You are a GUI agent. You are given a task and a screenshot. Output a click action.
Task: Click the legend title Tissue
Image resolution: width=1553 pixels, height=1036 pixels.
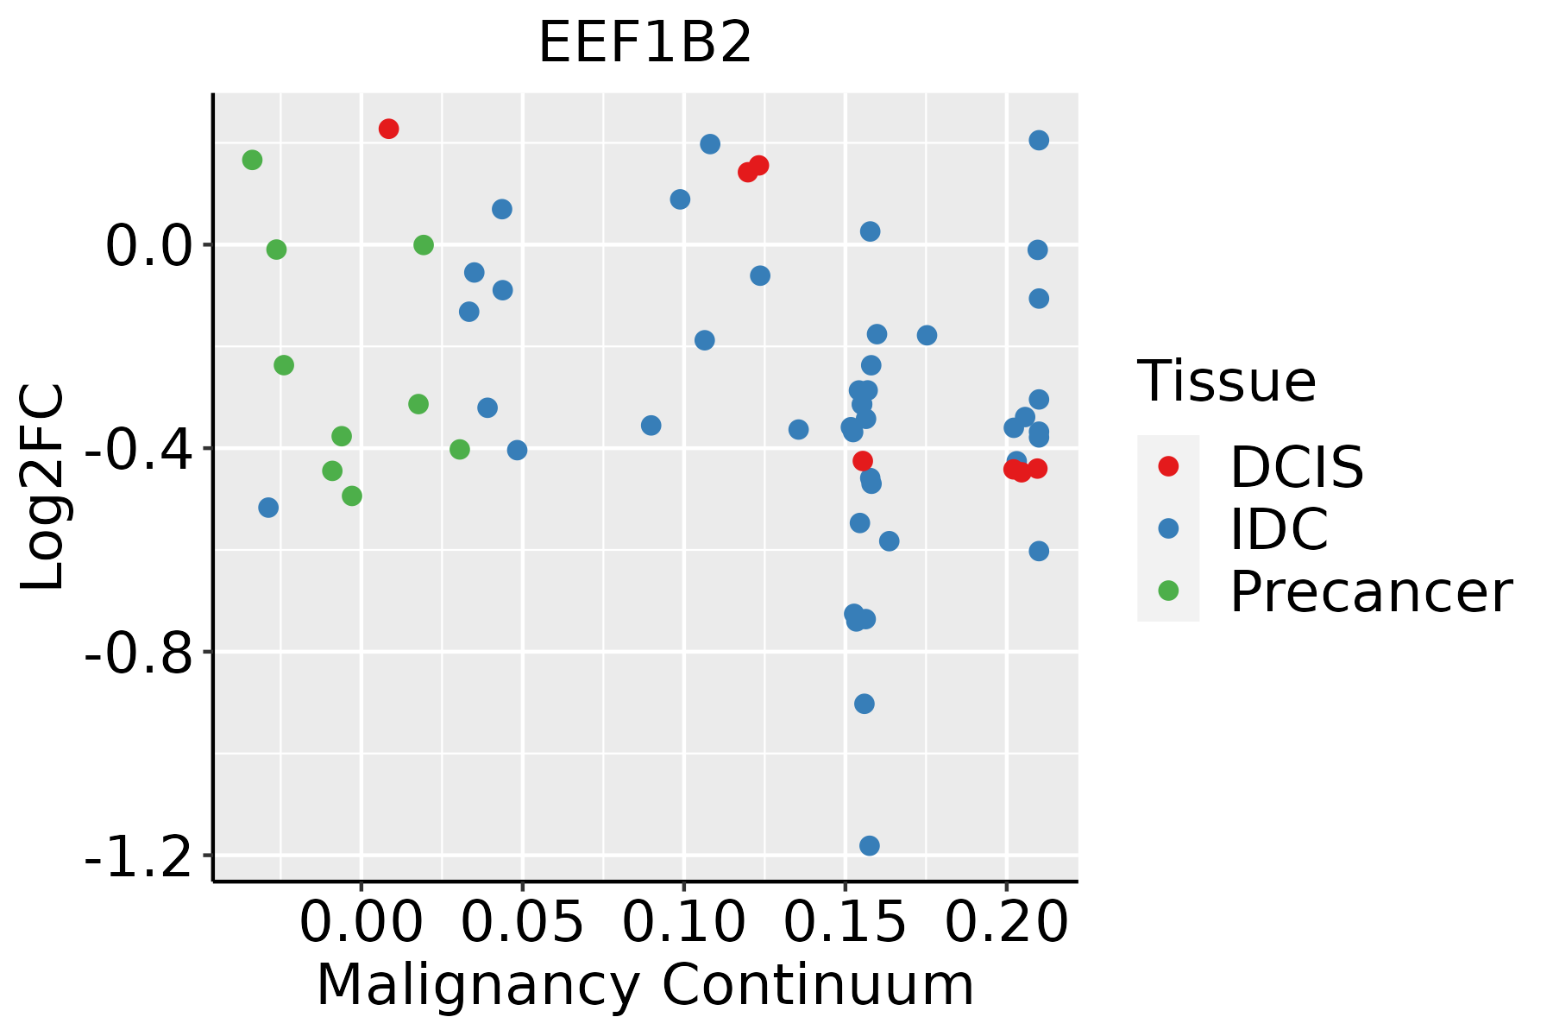[1227, 382]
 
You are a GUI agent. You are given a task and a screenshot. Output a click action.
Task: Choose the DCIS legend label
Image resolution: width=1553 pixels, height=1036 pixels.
[1296, 468]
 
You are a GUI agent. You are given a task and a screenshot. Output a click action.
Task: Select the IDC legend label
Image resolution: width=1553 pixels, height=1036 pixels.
[1279, 529]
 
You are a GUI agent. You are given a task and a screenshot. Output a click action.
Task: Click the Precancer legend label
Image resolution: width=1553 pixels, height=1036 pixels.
[1370, 592]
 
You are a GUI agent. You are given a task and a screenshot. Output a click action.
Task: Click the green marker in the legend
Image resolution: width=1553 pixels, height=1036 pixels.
[1168, 591]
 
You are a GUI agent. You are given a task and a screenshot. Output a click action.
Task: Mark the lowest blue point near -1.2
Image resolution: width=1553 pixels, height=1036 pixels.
[870, 845]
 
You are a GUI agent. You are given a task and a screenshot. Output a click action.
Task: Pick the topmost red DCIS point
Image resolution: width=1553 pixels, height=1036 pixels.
[388, 129]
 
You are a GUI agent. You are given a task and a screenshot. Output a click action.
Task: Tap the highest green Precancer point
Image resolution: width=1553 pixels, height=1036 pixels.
[252, 160]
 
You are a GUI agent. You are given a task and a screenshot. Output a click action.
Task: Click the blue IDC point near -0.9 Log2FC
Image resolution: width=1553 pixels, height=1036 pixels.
[864, 704]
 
